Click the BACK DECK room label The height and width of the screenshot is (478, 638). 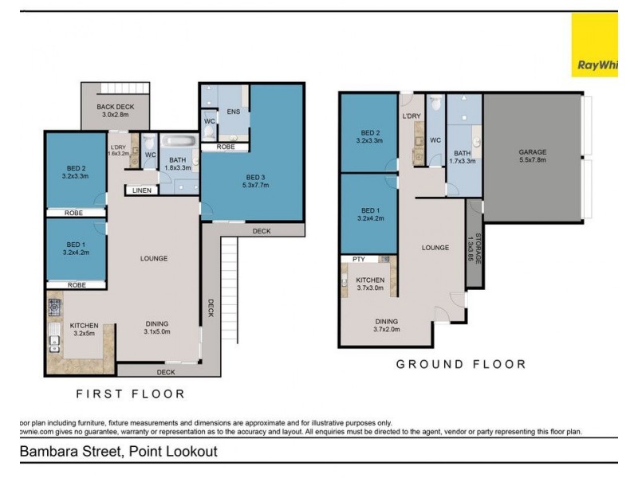coord(115,107)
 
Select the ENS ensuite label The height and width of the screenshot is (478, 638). coord(234,112)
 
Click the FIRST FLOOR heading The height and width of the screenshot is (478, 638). coord(130,394)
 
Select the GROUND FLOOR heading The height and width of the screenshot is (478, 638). coord(462,364)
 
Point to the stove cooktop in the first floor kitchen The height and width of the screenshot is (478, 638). coord(55,307)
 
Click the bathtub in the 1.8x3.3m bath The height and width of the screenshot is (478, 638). coord(178,144)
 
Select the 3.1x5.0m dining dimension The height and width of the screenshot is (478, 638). coord(159,332)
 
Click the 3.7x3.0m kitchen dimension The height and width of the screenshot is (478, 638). coord(371,289)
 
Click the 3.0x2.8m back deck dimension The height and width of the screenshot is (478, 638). coord(115,116)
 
